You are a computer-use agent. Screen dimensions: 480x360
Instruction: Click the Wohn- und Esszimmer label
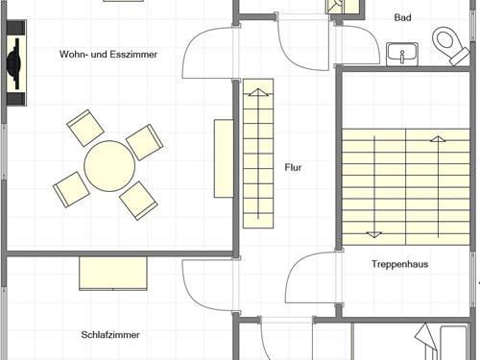point(108,54)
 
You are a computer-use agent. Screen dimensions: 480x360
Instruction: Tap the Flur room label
point(293,167)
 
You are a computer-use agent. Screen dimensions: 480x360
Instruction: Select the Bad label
point(402,17)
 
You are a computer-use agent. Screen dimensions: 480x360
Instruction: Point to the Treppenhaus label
point(400,264)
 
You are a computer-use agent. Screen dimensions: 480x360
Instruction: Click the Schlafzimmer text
point(110,335)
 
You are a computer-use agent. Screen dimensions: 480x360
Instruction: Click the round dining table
point(109,166)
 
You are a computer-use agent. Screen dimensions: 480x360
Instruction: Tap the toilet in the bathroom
point(450,45)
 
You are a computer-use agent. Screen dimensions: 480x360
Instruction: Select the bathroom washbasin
point(402,55)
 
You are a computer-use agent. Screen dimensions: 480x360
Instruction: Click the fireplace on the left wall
point(16,63)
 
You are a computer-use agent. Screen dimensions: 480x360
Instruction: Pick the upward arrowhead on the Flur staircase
point(258,92)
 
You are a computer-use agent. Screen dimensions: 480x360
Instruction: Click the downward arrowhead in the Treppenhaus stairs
point(374,234)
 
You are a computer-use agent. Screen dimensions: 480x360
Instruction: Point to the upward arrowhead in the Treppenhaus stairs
point(438,139)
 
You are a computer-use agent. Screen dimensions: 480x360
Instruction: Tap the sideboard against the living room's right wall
point(224,158)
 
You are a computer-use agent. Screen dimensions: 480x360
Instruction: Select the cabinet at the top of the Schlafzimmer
point(113,274)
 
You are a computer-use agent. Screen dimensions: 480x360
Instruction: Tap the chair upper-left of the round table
point(85,128)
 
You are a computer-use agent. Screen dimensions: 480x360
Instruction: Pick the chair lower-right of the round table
point(138,201)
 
